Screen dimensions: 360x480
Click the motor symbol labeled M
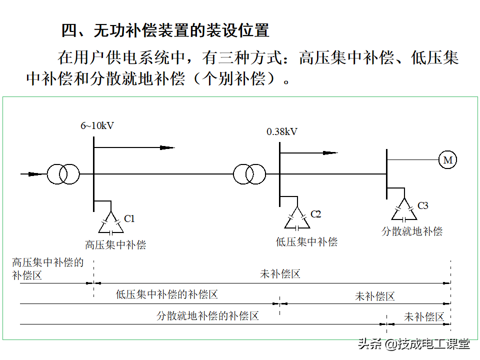coord(447,160)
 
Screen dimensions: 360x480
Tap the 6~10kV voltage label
coord(97,125)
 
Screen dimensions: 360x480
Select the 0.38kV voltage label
coord(282,131)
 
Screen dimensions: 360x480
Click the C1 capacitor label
coord(129,218)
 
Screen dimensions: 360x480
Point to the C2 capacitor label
coord(316,214)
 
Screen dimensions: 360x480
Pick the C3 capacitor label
coord(423,205)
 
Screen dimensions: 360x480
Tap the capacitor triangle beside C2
coord(297,219)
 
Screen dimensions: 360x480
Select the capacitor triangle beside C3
coord(404,211)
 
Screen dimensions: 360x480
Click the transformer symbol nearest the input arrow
coord(63,174)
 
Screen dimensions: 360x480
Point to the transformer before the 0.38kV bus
coord(249,174)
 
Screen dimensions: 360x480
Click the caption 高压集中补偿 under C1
coord(115,245)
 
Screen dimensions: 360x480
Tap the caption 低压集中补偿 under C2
coord(306,242)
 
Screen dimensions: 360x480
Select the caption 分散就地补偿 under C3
coord(412,231)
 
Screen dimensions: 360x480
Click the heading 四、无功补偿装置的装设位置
coord(165,30)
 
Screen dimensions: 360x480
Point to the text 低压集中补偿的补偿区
coord(167,294)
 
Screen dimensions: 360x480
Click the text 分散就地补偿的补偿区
coord(207,315)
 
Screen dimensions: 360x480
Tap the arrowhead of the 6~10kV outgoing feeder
coord(167,147)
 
